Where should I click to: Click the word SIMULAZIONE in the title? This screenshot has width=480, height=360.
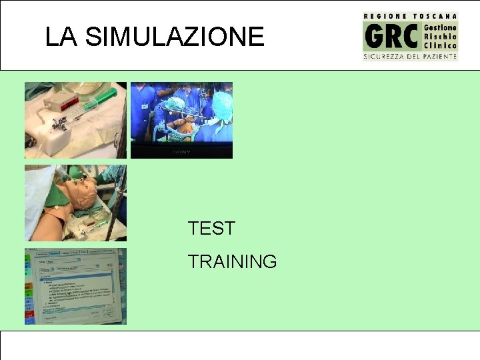(175, 37)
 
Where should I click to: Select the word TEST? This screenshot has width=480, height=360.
(211, 229)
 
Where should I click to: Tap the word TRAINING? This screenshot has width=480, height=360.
(232, 262)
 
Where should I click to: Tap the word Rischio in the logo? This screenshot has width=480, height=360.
(441, 37)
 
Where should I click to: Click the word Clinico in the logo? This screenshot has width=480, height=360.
(441, 46)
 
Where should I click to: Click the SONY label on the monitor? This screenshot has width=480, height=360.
(181, 152)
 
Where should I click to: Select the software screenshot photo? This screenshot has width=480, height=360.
(75, 286)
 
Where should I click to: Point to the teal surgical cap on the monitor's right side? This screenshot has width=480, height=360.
(221, 103)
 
